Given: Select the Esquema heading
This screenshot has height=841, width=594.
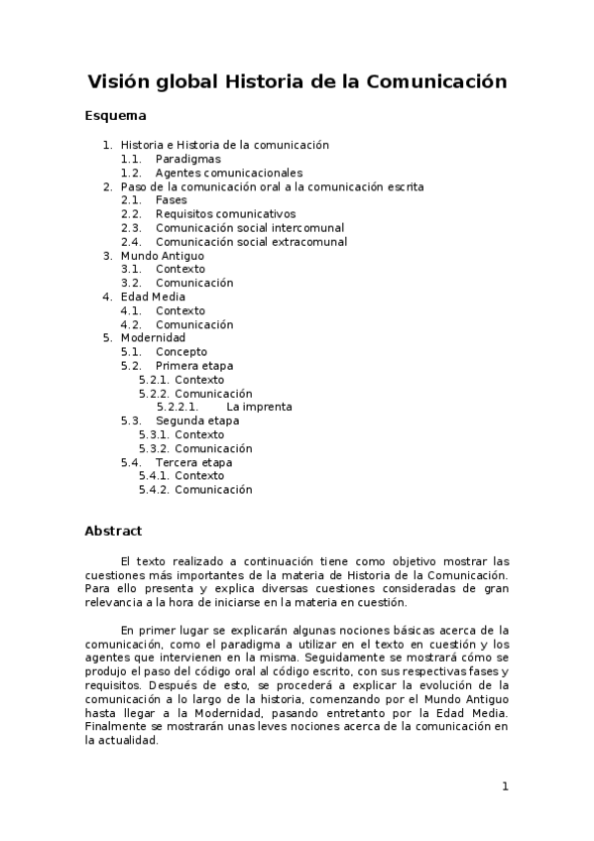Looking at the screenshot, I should tap(116, 117).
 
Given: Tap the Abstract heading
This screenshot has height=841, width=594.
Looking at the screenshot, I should tap(113, 531).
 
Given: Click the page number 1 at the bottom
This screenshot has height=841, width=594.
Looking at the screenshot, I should tap(505, 786).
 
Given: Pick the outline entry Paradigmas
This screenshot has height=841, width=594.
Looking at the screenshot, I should tap(187, 159).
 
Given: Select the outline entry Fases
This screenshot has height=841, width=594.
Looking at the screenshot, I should tap(171, 200).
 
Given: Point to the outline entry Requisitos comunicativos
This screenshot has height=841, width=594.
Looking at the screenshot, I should tap(225, 214).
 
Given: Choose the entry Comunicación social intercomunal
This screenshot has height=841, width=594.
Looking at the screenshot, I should tap(249, 228).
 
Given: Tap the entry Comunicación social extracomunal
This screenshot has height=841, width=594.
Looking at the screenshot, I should tap(251, 242).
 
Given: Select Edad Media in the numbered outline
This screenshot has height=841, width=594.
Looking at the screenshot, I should tap(153, 297).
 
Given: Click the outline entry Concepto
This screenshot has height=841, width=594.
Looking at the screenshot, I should tap(181, 352).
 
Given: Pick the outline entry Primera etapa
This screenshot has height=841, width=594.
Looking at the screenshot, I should tap(194, 366).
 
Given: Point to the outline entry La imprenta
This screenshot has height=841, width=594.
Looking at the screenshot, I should tap(259, 407).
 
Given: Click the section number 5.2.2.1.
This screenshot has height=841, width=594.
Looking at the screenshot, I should tap(178, 407).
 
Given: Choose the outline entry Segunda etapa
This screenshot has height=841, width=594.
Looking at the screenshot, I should tap(197, 420).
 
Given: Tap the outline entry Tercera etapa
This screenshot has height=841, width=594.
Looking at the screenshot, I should tap(193, 462).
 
